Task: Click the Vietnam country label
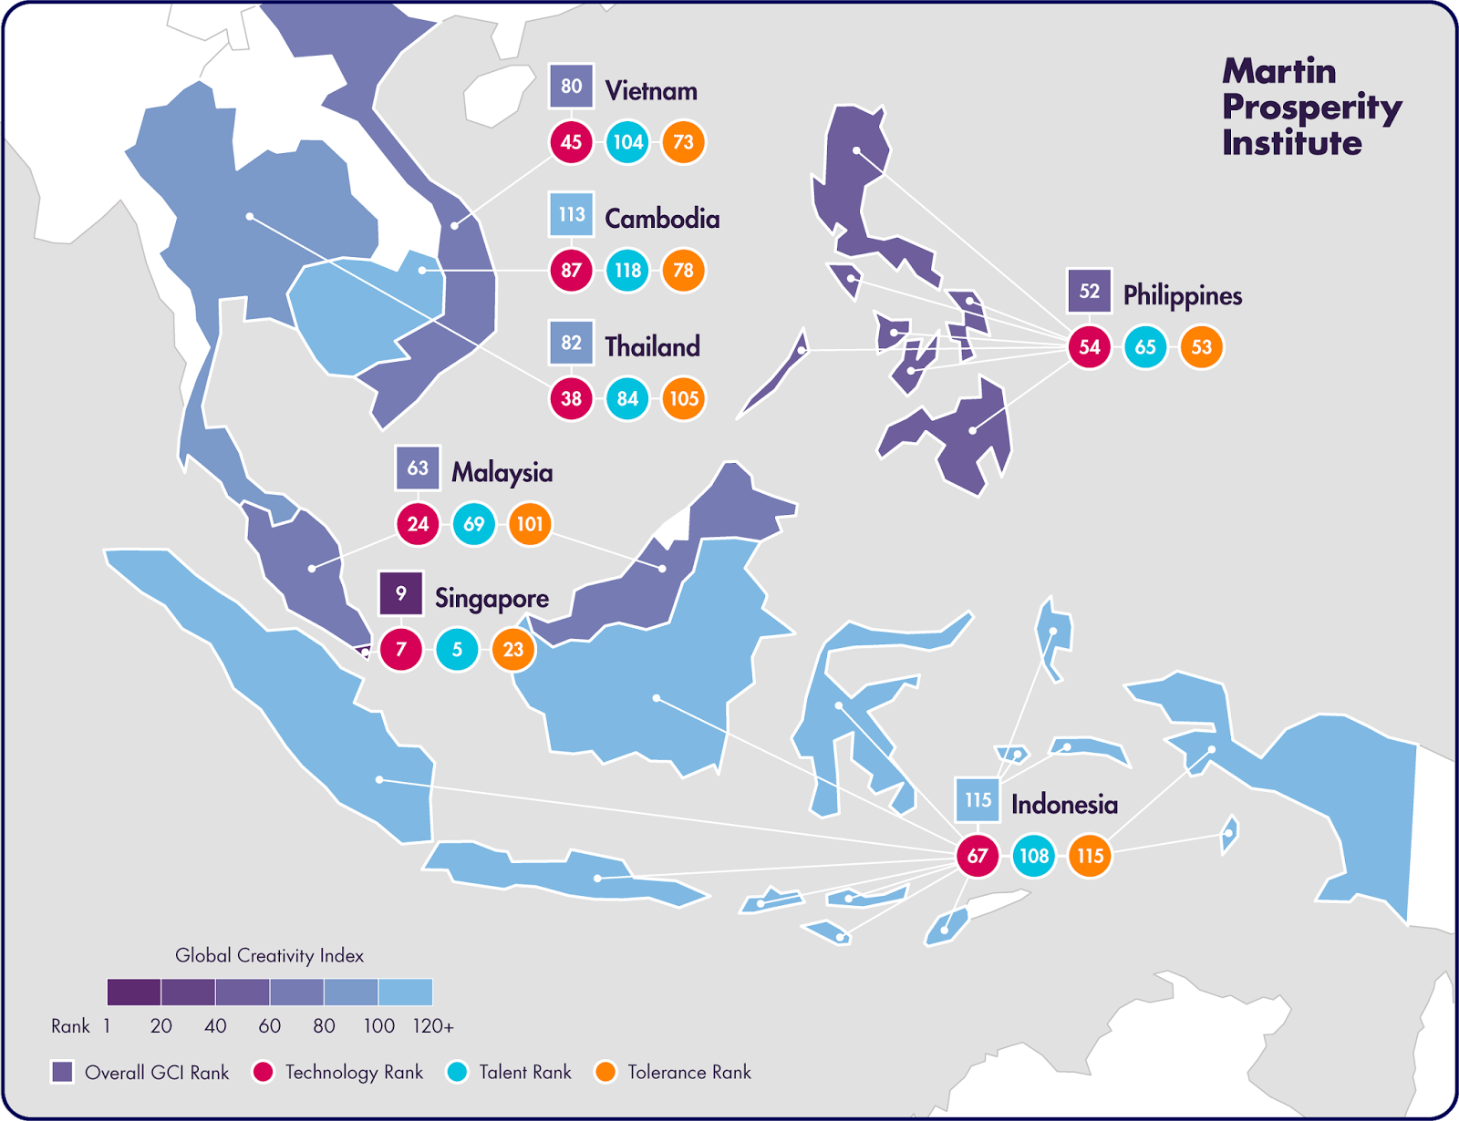click(x=651, y=91)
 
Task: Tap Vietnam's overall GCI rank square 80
click(x=572, y=87)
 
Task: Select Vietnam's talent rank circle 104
click(x=627, y=142)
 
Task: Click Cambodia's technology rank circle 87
click(x=572, y=271)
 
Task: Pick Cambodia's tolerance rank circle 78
click(x=683, y=271)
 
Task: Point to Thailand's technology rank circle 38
click(x=572, y=398)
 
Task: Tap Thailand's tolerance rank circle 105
click(x=683, y=398)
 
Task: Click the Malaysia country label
click(x=502, y=472)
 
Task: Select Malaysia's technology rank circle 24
click(x=418, y=524)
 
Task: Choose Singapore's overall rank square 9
click(x=401, y=594)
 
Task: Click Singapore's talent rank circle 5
click(x=457, y=650)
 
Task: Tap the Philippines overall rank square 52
click(x=1090, y=292)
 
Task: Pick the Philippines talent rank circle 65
click(x=1145, y=347)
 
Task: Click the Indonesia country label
click(x=1064, y=805)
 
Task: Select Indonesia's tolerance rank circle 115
click(x=1090, y=856)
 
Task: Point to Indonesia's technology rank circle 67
click(x=978, y=856)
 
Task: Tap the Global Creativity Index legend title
click(x=269, y=956)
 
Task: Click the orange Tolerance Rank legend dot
click(x=605, y=1072)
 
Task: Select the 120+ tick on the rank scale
click(x=432, y=1026)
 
